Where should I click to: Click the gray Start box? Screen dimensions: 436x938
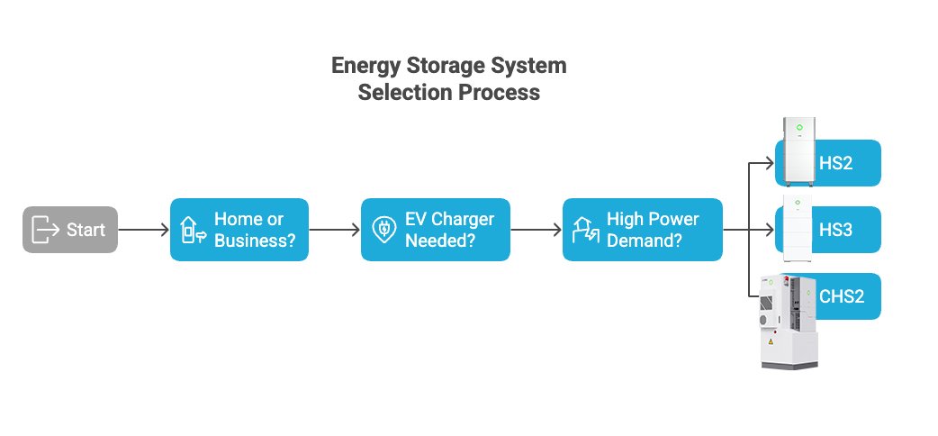pos(70,230)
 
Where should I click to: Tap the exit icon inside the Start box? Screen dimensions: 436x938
pos(43,230)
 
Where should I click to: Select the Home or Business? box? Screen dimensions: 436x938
pos(239,230)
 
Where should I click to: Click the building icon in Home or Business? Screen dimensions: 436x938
pos(191,231)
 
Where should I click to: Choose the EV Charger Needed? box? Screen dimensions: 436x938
pos(436,230)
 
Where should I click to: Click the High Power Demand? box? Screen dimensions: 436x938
pos(643,230)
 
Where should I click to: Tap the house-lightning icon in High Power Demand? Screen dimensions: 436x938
pos(585,231)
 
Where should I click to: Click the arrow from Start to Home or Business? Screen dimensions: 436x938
pos(143,230)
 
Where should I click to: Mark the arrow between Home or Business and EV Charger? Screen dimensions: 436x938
pos(334,230)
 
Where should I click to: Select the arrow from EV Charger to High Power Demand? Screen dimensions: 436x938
pos(536,230)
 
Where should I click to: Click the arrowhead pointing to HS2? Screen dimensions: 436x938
pos(769,163)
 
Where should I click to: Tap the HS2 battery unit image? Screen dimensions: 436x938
pos(795,153)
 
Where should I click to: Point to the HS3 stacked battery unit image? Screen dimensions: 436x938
pos(795,229)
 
